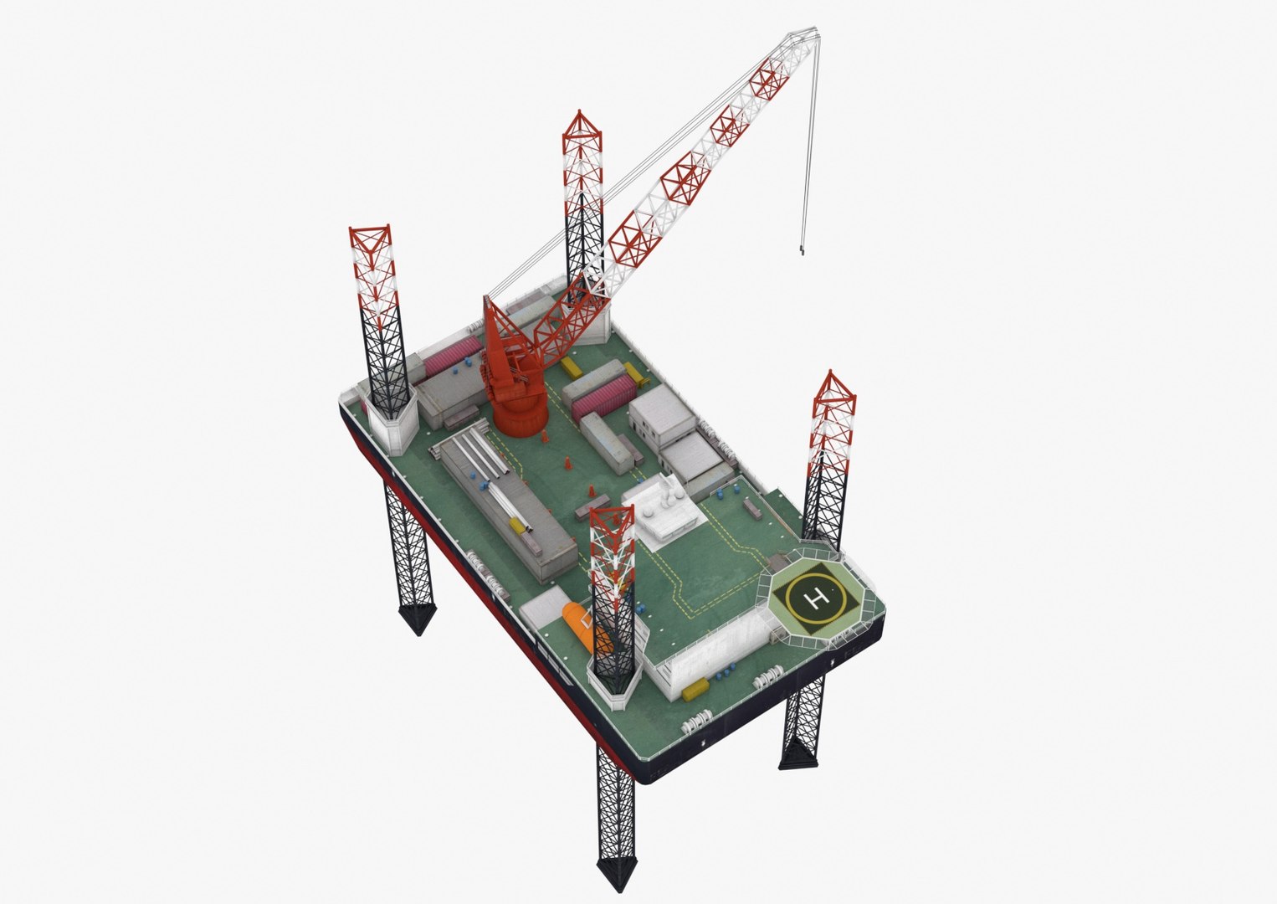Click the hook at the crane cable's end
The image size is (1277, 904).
pyautogui.click(x=803, y=248)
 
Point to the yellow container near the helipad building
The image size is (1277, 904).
pyautogui.click(x=693, y=692)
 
